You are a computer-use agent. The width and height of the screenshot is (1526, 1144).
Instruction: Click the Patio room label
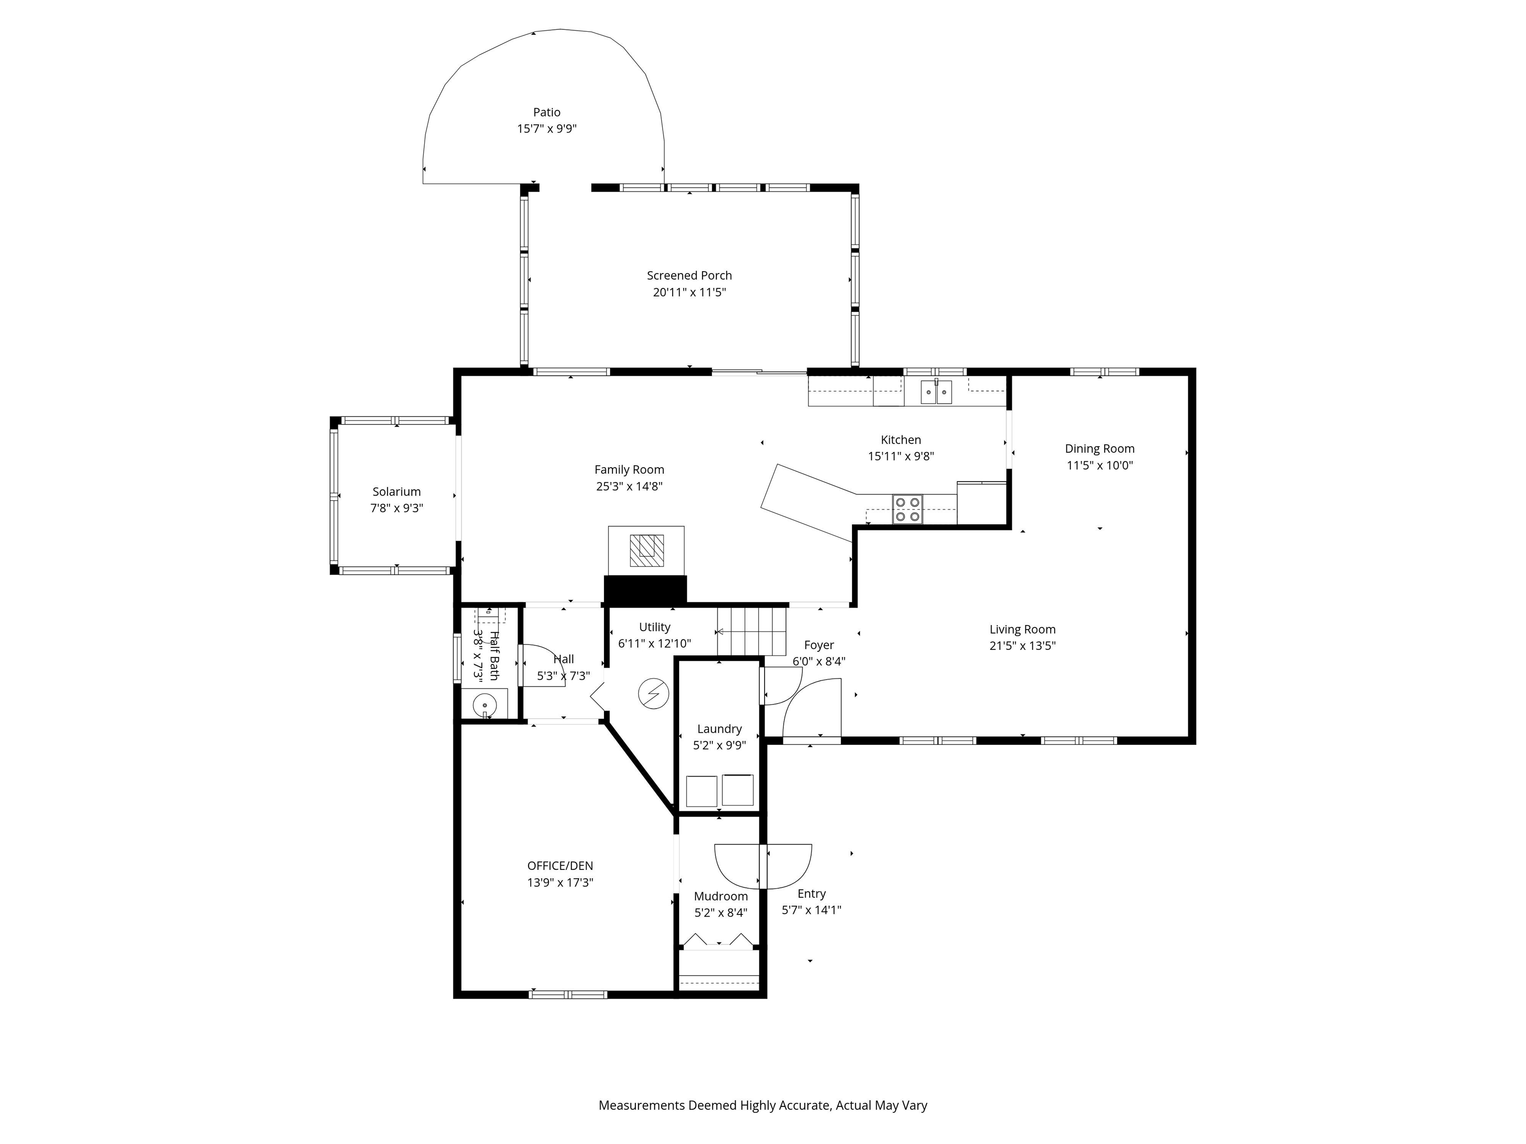tap(546, 112)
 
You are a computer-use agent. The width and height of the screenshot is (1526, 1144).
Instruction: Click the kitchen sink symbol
tap(936, 392)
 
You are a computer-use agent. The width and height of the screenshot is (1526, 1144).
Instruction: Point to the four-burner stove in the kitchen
tap(907, 509)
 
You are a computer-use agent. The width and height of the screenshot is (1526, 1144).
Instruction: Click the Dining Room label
tap(1099, 449)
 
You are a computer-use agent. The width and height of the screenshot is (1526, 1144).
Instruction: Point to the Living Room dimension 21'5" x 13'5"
tap(1022, 646)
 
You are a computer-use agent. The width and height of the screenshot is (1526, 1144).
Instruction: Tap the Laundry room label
tap(719, 729)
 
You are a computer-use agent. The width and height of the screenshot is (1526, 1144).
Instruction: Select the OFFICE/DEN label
tap(559, 866)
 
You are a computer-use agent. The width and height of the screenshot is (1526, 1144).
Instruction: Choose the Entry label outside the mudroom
tap(811, 894)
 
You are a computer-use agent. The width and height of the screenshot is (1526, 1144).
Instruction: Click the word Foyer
tap(819, 645)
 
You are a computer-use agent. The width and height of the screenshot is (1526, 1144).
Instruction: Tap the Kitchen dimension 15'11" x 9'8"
tap(900, 456)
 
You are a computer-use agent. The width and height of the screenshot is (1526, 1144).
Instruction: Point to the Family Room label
tap(628, 470)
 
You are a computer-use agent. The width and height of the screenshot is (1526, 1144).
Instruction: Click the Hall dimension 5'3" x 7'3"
tap(563, 676)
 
